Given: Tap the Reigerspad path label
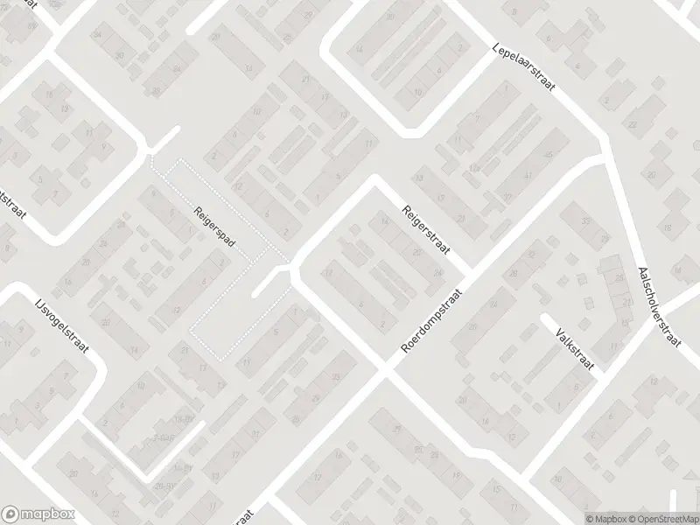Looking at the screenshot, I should click(x=212, y=225).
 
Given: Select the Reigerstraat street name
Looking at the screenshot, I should click(x=426, y=229).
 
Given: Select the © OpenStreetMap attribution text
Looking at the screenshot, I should click(x=665, y=518).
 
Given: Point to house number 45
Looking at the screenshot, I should click(x=549, y=156).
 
